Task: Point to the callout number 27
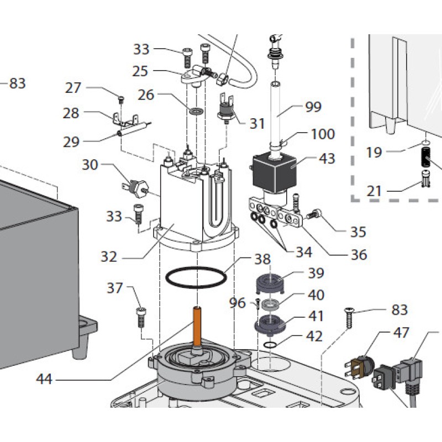tap(73, 88)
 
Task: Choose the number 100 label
tap(323, 134)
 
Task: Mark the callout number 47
tap(401, 333)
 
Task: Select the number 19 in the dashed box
tap(374, 152)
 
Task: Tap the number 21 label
tap(374, 191)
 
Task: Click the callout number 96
tap(237, 303)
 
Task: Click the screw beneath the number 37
tap(140, 317)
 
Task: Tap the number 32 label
tap(110, 256)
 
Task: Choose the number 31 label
tap(257, 123)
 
